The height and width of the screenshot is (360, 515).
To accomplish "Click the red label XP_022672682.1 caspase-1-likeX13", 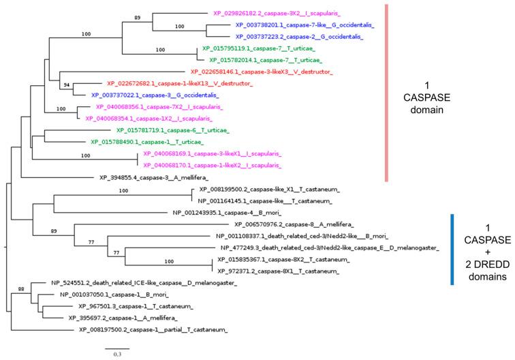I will tap(179, 84).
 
